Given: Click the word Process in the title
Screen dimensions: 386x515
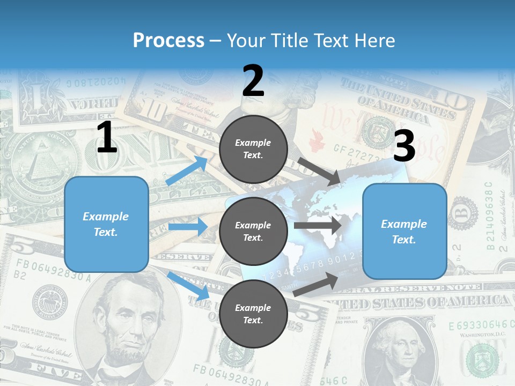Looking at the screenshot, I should coord(168,40).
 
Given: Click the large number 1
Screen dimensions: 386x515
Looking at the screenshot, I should coord(107,138).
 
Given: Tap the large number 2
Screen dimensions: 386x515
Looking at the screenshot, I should coord(253,81).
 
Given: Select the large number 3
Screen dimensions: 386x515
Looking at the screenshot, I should coord(404,146).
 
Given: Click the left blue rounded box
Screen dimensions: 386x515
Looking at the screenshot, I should coord(106,224).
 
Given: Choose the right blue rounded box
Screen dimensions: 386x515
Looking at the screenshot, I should coord(404,231).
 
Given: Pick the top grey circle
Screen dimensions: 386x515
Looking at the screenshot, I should coord(253,149).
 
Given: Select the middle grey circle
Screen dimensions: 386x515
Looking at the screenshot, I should coord(253,231).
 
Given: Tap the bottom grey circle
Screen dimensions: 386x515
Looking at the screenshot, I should coord(253,314).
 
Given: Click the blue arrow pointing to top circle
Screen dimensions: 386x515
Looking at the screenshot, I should coord(187,171).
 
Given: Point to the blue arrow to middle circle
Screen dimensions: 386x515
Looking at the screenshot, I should coord(188,227).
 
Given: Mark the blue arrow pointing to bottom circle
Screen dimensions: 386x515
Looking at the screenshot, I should coord(188,286).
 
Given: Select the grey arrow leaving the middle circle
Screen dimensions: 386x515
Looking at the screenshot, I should coord(318,225).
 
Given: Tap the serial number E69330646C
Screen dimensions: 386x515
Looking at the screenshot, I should coord(477,325).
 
